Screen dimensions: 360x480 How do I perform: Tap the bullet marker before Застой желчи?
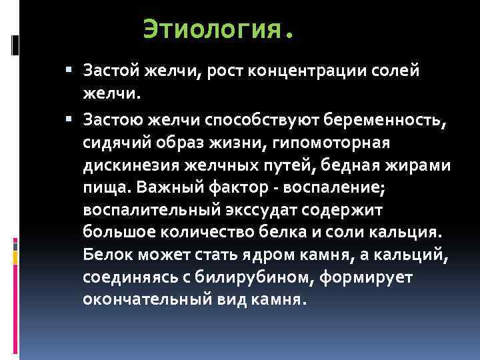[x=70, y=69]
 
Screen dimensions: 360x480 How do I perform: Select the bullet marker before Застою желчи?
[x=70, y=119]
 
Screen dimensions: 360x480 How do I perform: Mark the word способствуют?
[x=270, y=119]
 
